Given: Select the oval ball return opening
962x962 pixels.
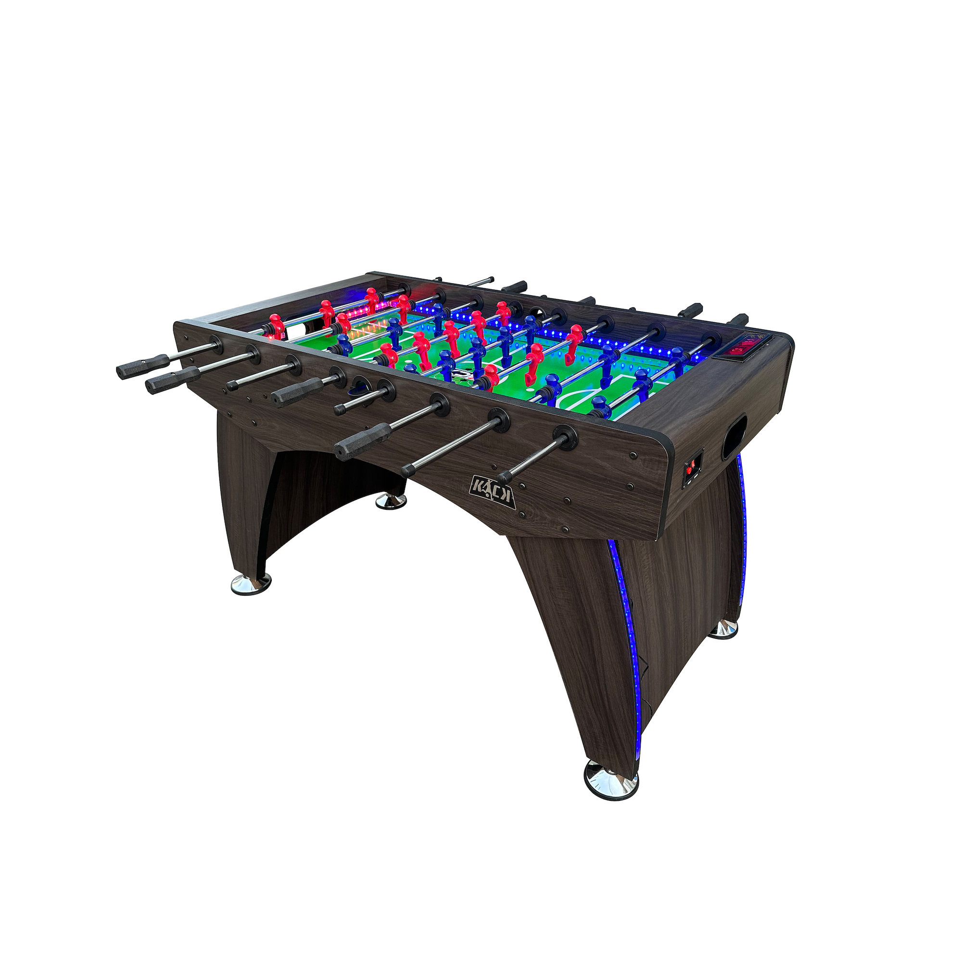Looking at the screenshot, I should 734,437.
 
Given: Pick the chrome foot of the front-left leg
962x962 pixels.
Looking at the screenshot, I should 251,583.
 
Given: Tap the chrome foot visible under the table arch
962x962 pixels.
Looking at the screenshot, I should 391,501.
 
